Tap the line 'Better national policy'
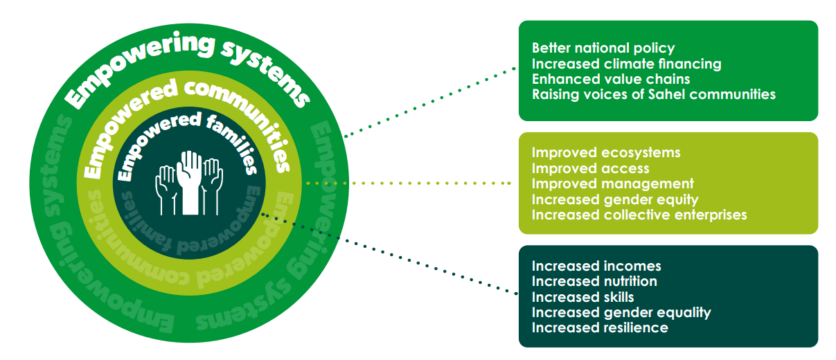(x=603, y=48)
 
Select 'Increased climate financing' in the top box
(x=626, y=64)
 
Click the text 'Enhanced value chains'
(x=611, y=79)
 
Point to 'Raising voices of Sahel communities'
(x=653, y=94)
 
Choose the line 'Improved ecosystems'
(x=605, y=152)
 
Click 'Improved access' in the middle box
(x=590, y=168)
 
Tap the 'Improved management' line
(x=612, y=183)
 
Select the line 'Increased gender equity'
(x=615, y=199)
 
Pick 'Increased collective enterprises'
(x=639, y=215)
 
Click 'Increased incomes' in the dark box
(x=596, y=266)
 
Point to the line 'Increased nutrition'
(x=594, y=281)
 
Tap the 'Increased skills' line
(x=582, y=297)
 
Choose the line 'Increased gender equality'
(x=621, y=312)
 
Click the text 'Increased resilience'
(x=600, y=327)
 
